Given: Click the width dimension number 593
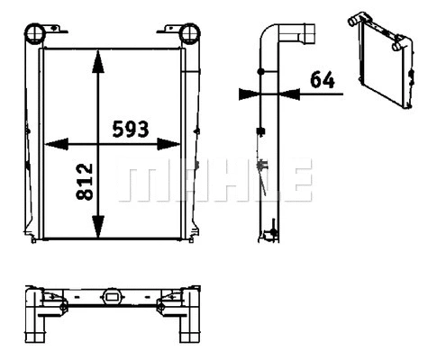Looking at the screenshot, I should (x=131, y=129).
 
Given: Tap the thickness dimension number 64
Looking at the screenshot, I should (x=322, y=79).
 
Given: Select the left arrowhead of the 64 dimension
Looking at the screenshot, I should (x=249, y=92).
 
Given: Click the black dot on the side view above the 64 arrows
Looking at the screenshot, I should (x=261, y=70).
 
